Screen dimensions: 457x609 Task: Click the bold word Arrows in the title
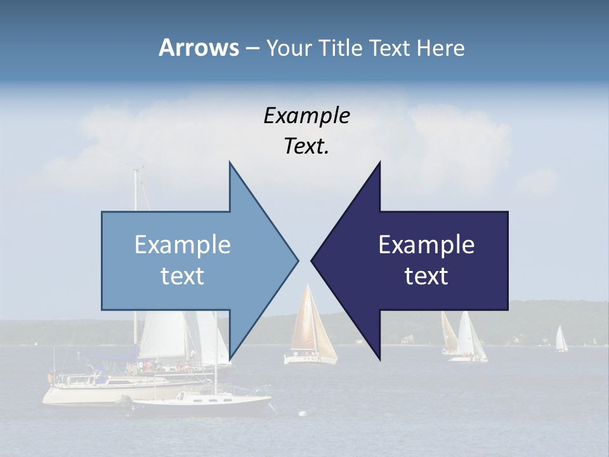tap(198, 48)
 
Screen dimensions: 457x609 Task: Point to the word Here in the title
tap(440, 48)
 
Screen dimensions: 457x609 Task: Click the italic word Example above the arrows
tap(306, 116)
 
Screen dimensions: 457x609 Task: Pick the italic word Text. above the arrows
tap(306, 147)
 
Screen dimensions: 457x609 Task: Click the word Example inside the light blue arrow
tap(183, 245)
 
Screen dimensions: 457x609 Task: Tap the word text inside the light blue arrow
tap(183, 275)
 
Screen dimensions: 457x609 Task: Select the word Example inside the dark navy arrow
tap(426, 245)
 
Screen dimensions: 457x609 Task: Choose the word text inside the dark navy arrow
tap(426, 275)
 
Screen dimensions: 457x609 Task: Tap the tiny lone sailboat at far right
tap(561, 340)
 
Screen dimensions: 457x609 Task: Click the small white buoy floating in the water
tap(303, 414)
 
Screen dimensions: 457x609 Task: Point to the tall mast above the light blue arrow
tap(135, 187)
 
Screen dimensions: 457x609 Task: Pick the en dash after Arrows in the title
tap(252, 48)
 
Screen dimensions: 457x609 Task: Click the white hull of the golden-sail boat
tap(310, 359)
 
